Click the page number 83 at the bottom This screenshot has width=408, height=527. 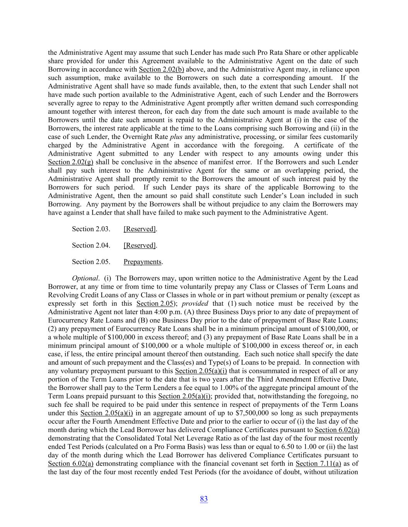(x=204, y=499)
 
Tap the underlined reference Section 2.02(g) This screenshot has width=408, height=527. (x=70, y=162)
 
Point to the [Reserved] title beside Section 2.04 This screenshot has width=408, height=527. (x=140, y=245)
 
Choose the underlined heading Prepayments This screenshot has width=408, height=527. (x=142, y=262)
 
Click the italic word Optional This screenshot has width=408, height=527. (x=85, y=278)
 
